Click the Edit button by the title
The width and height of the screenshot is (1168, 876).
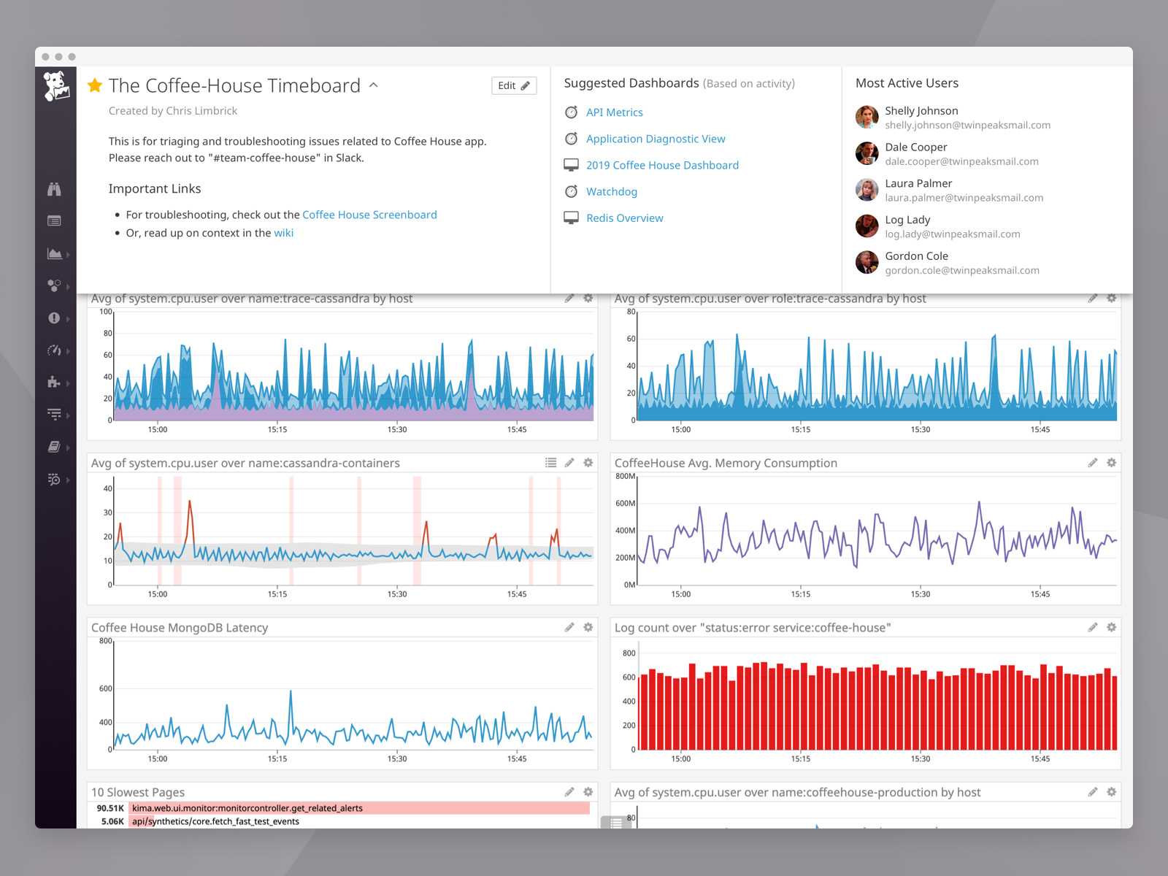(x=514, y=85)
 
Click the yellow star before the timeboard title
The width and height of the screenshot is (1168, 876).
(x=95, y=85)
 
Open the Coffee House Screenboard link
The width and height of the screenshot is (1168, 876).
(x=369, y=215)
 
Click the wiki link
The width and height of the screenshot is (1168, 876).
(x=283, y=233)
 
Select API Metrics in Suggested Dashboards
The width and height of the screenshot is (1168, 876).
(x=614, y=112)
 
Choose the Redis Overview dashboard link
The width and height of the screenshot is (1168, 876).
(x=624, y=218)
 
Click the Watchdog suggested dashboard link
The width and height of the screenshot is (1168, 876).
(x=611, y=192)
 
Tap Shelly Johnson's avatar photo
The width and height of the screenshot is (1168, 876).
(x=867, y=117)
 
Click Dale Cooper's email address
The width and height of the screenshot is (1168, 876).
(x=961, y=161)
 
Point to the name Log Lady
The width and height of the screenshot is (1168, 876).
(x=907, y=220)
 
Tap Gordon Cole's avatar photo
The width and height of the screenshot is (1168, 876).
(x=867, y=262)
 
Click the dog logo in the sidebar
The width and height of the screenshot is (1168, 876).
(x=55, y=86)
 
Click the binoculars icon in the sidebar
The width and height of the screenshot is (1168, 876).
(x=54, y=189)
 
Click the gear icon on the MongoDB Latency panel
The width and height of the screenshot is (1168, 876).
(x=588, y=627)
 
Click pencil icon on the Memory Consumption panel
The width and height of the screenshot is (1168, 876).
(x=1093, y=463)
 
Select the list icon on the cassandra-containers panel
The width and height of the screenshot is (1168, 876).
(x=551, y=463)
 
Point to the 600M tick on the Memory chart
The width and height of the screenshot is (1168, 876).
(x=625, y=504)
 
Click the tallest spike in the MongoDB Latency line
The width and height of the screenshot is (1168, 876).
(x=291, y=691)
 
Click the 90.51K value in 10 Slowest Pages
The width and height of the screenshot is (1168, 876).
(x=110, y=808)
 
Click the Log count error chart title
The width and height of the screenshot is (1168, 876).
(x=752, y=628)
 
